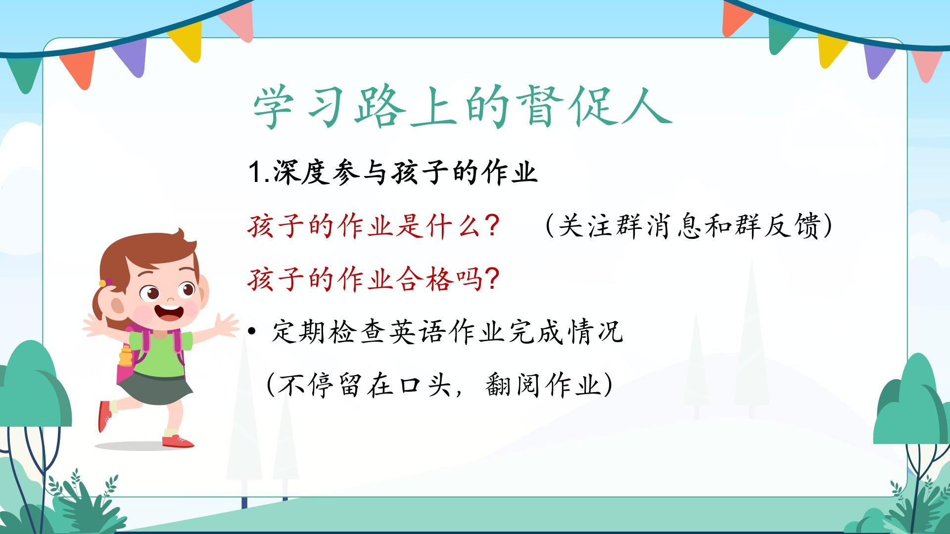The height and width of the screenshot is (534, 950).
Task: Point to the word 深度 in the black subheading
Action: [302, 173]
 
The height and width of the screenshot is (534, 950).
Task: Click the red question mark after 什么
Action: [491, 226]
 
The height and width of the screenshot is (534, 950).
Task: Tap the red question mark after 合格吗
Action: [492, 279]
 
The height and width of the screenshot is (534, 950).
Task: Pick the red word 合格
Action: [425, 279]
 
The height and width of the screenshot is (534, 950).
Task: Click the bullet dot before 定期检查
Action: [252, 332]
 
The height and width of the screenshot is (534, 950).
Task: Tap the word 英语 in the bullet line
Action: [418, 332]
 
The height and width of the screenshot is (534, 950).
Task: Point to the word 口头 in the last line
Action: [426, 385]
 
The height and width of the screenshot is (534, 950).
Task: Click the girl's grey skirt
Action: [155, 389]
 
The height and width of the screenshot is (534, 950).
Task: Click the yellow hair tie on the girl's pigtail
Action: [102, 283]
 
